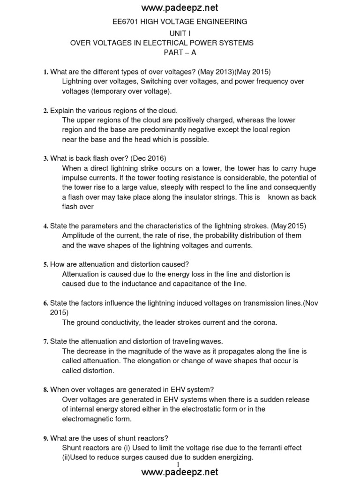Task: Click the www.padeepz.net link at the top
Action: [x=180, y=8]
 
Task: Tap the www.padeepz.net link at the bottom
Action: [x=180, y=472]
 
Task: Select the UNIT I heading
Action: [x=180, y=32]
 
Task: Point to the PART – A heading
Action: [x=180, y=52]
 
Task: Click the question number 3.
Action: [x=45, y=158]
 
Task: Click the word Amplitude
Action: [x=78, y=235]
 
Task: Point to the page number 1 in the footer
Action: [x=179, y=464]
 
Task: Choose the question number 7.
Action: [x=45, y=341]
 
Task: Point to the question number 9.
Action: [x=45, y=438]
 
